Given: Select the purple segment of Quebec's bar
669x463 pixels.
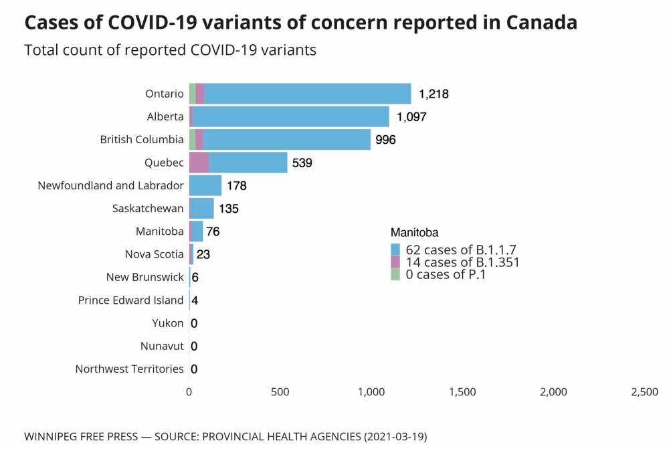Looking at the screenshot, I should point(199,163).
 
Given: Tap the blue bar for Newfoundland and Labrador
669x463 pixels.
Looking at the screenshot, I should point(205,185).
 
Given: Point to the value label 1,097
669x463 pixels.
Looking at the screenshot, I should point(411,117).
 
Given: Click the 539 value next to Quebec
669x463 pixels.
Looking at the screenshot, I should point(302,163).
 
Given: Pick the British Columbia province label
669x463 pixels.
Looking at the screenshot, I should point(141,140).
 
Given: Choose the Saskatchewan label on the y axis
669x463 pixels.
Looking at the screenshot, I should point(148,208).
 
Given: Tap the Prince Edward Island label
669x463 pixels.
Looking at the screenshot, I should point(130,300).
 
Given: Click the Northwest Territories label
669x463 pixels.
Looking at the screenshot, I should point(129,369).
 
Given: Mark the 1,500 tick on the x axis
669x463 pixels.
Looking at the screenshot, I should point(462,392).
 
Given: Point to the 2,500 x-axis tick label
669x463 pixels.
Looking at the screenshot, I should point(644,392).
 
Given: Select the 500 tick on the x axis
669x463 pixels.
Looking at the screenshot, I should point(280,392).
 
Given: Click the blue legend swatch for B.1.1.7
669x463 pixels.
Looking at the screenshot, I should point(395,250).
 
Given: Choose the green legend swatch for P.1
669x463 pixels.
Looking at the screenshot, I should point(395,274).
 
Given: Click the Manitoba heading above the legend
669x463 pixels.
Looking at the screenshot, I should point(414,233).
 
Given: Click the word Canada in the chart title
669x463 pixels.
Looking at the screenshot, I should point(541,22).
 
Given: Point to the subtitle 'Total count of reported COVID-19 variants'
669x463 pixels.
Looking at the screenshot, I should point(170,50).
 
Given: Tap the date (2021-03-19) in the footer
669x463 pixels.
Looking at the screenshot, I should point(395,437).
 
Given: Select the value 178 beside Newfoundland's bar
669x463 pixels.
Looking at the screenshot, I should point(237,185).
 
